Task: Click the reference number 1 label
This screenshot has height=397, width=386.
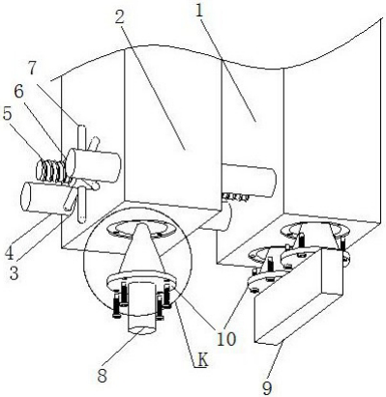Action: pyautogui.click(x=200, y=12)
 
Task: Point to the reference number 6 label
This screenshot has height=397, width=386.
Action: pyautogui.click(x=19, y=92)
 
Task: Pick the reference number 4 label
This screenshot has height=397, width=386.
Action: pyautogui.click(x=10, y=254)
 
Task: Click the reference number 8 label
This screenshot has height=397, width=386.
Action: pyautogui.click(x=102, y=375)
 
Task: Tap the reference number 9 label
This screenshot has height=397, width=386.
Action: pyautogui.click(x=267, y=388)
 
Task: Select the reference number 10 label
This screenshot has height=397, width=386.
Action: pyautogui.click(x=226, y=338)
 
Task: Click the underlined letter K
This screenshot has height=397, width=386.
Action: pyautogui.click(x=202, y=360)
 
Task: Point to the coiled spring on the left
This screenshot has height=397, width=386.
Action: pyautogui.click(x=52, y=170)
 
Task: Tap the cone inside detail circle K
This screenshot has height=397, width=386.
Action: pyautogui.click(x=141, y=250)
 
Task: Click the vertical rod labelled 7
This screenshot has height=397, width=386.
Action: pyautogui.click(x=82, y=174)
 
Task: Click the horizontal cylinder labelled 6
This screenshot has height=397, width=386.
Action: pyautogui.click(x=93, y=165)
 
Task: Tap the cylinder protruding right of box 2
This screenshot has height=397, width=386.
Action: pyautogui.click(x=249, y=179)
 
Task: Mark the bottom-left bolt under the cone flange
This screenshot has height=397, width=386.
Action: pyautogui.click(x=117, y=305)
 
